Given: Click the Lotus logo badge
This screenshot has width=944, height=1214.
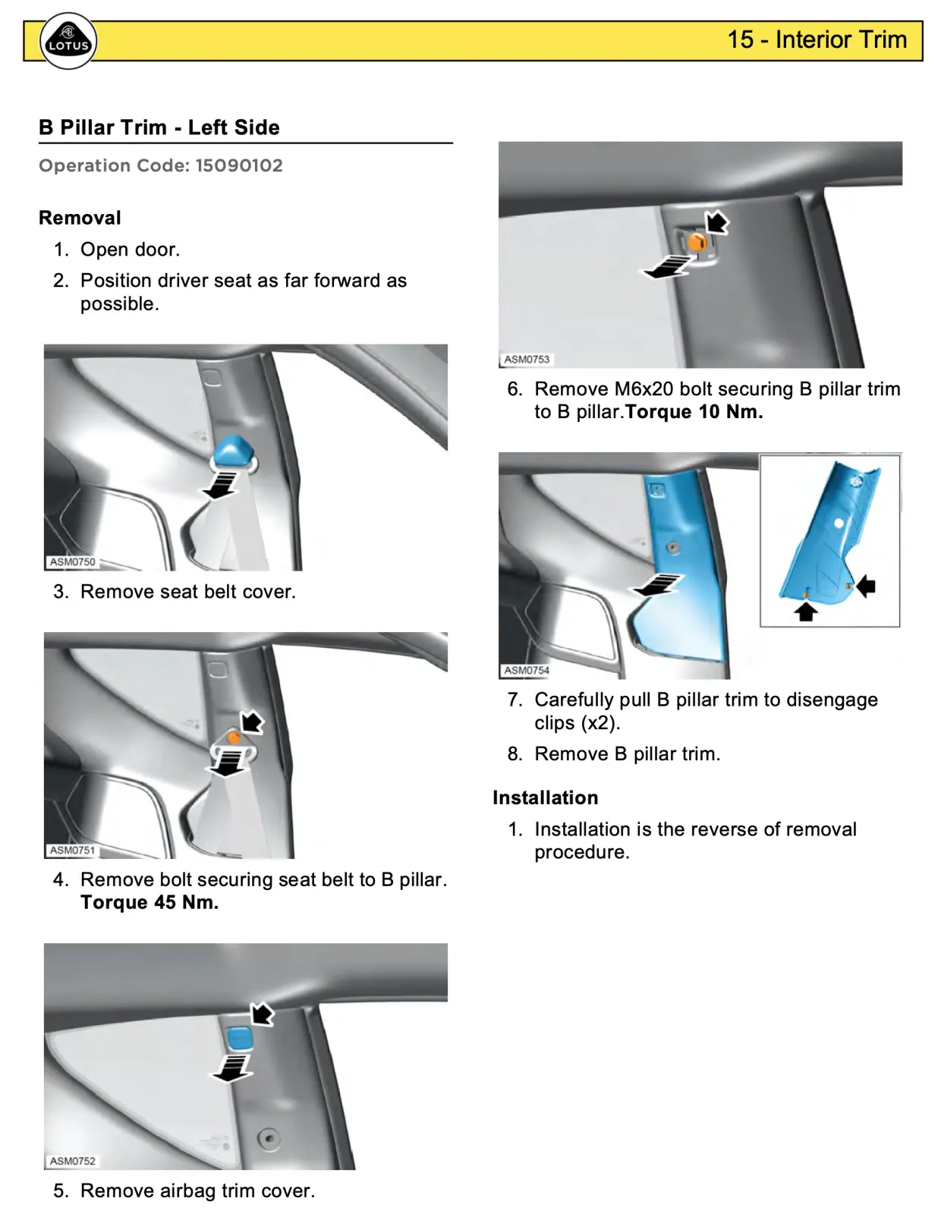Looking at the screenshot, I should (x=68, y=42).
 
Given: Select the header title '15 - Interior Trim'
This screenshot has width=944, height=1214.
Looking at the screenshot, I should (x=817, y=39).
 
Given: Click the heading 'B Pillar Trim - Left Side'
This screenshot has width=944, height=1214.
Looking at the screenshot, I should (x=159, y=127).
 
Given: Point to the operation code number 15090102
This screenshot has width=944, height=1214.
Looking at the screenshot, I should (x=238, y=165).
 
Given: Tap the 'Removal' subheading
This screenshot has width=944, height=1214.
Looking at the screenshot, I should (x=80, y=218).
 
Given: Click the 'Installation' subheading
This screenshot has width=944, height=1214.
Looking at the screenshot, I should (x=545, y=797).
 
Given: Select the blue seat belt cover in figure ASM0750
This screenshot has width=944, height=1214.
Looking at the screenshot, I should (x=233, y=451).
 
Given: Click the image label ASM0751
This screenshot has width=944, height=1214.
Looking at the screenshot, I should (x=73, y=850).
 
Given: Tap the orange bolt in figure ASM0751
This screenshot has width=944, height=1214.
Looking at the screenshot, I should (x=234, y=737).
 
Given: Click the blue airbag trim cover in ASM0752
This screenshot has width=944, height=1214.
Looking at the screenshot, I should (x=239, y=1038).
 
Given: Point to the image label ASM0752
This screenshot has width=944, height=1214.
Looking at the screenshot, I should (x=73, y=1161).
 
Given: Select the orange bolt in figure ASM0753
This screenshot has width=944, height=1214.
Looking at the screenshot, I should (x=697, y=243).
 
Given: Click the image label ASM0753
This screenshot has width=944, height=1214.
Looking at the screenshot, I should (x=527, y=359).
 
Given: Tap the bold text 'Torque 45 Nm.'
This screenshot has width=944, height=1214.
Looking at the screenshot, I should (x=149, y=902).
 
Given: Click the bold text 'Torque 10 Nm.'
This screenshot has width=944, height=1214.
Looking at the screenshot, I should (x=694, y=412).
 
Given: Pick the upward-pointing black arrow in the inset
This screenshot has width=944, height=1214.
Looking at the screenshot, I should (x=806, y=611).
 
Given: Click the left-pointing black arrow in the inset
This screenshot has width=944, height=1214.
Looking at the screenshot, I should (x=866, y=586).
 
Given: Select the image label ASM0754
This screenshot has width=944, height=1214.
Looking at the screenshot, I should (x=527, y=670).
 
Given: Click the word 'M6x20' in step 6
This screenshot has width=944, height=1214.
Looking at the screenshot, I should (x=643, y=389).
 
